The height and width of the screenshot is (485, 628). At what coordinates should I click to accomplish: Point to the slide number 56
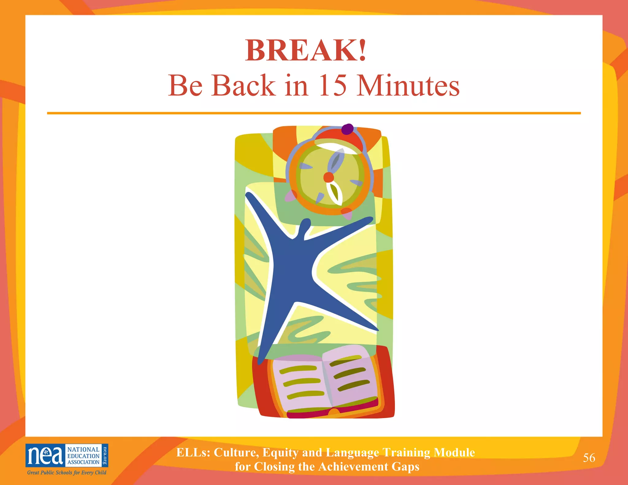(589, 458)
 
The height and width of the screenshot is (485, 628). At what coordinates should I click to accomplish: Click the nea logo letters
(45, 456)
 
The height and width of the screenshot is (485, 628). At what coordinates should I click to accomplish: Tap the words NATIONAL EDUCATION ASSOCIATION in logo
(83, 456)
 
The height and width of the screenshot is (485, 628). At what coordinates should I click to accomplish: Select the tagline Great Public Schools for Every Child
(67, 472)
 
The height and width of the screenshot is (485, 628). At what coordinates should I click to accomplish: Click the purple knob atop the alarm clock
(347, 129)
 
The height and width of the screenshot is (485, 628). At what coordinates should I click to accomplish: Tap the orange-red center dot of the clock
(328, 177)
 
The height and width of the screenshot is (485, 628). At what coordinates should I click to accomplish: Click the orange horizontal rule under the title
(314, 113)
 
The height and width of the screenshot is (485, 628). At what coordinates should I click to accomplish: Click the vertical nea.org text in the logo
(105, 456)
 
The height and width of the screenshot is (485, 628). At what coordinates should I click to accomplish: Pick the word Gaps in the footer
(406, 467)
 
